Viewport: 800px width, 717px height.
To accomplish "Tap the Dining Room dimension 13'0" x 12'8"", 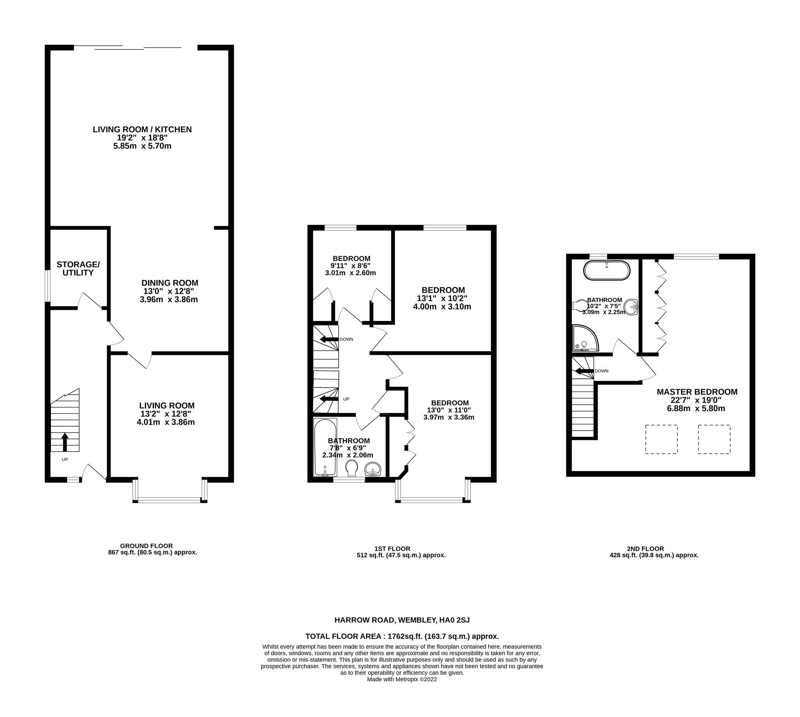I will click(x=169, y=291).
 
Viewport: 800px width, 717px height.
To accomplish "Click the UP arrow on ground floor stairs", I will click(x=65, y=442).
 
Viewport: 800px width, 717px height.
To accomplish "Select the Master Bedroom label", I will click(x=697, y=392).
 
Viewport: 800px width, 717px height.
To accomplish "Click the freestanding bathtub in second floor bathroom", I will click(x=607, y=271).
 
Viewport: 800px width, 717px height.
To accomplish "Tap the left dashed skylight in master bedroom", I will click(x=661, y=439).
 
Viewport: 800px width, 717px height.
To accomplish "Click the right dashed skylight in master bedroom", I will click(x=714, y=439).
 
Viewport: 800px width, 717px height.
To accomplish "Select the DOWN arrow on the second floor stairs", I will click(x=584, y=371).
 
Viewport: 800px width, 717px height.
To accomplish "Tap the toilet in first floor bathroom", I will click(x=351, y=468).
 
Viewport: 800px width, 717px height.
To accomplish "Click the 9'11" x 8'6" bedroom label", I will click(x=351, y=258).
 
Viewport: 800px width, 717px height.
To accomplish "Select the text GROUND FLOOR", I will click(x=146, y=546).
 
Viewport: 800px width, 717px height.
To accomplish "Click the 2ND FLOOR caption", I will click(x=654, y=549).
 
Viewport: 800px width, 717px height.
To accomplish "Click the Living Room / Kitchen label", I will click(x=142, y=129).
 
